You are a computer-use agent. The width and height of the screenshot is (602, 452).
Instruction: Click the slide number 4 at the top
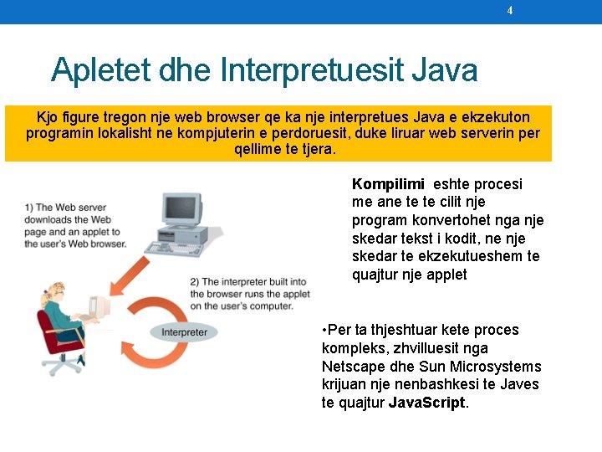(510, 11)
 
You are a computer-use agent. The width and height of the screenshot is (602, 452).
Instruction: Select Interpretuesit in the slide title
(313, 69)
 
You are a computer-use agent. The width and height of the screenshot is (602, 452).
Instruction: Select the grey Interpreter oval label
(185, 332)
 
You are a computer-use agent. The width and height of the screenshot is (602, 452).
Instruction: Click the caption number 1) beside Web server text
(29, 208)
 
